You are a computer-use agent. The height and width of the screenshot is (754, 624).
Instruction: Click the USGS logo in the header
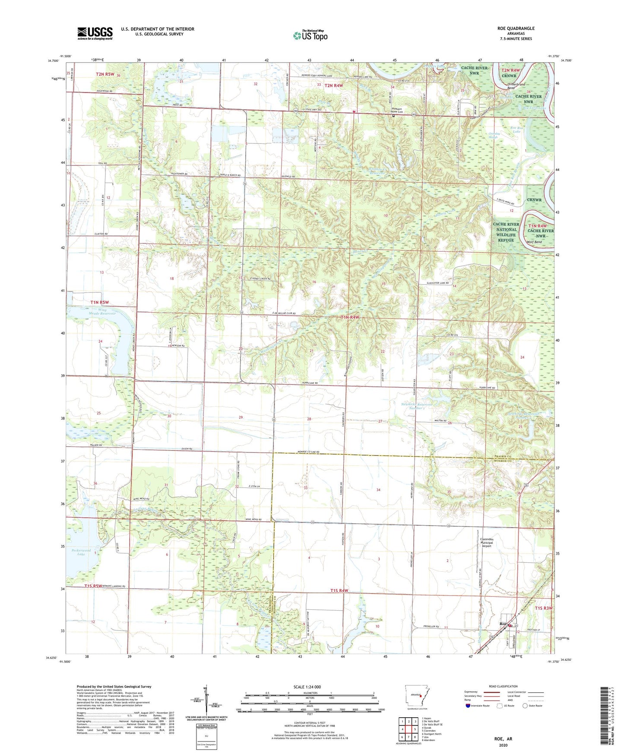coord(95,33)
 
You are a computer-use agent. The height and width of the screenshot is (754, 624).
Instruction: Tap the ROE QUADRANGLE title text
coord(516,29)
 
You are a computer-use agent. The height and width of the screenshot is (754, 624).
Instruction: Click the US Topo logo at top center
coord(310,35)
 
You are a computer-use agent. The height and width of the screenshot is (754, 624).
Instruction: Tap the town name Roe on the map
coord(503,624)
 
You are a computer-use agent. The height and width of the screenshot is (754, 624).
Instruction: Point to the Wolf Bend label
coord(534,242)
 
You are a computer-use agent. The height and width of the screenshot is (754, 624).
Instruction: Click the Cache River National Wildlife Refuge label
coord(506,232)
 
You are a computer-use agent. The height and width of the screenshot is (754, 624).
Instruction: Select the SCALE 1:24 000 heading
coord(310,687)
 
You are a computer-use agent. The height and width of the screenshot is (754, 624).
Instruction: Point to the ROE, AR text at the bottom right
coord(503,738)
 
